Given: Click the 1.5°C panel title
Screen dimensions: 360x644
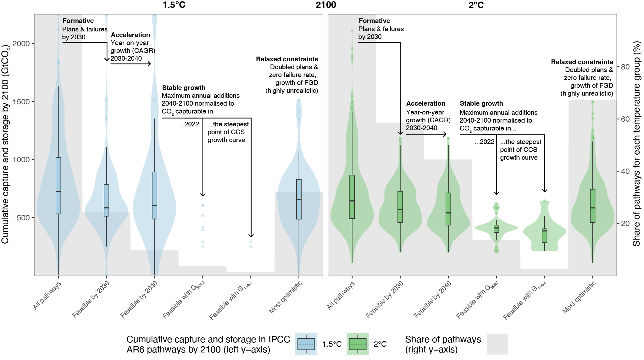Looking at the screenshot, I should click(174, 5).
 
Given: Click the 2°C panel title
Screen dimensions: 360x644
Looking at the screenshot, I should click(476, 5).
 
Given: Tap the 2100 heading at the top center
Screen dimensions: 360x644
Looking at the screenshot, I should click(326, 5).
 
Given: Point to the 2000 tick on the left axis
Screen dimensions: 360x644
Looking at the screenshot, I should click(21, 44).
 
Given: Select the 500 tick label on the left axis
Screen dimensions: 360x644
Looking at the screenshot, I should click(23, 218).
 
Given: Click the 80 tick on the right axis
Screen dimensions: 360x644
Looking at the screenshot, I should click(625, 67).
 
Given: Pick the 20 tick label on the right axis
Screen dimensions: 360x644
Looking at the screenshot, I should click(625, 224).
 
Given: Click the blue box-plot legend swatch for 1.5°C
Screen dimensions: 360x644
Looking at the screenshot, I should click(306, 344).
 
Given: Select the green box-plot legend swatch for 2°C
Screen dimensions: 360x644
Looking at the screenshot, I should click(358, 344).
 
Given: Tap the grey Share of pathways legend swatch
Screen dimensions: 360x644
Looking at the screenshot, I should click(497, 344).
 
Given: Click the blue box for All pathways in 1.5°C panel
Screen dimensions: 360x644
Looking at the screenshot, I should click(58, 186).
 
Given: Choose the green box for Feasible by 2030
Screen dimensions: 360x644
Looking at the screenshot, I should click(400, 207).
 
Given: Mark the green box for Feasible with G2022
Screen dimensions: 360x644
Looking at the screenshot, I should click(496, 229).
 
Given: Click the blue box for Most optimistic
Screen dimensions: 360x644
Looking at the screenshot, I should click(299, 199).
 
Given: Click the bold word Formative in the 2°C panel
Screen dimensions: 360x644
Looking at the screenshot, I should click(374, 21).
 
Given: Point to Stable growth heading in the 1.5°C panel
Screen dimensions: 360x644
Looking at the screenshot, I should click(184, 88).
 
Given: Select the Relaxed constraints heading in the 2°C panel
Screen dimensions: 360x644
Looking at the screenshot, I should click(582, 62).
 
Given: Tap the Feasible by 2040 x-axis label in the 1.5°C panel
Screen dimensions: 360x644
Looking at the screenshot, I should click(139, 299).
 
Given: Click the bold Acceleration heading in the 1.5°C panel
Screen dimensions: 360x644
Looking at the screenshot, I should click(130, 35).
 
